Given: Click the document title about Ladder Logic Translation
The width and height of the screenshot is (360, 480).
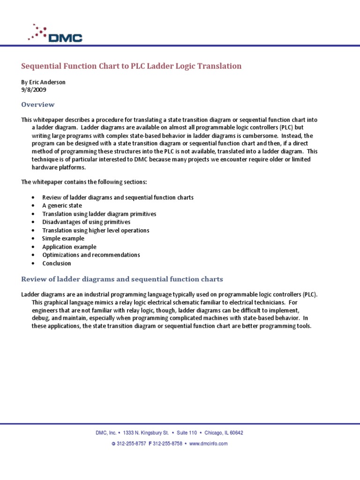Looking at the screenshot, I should tap(132, 66).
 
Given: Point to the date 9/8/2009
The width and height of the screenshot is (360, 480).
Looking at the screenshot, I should tap(34, 90).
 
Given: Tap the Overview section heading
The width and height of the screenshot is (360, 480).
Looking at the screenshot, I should tap(38, 105).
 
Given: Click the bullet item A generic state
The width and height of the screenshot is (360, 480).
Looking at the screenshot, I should tap(62, 205).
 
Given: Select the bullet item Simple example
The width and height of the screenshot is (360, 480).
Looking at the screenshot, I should tap(63, 239).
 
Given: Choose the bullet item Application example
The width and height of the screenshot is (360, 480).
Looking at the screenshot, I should tap(69, 247).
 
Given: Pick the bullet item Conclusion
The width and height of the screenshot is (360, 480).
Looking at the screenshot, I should tap(57, 263).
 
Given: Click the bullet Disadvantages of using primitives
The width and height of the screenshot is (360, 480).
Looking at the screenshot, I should tap(86, 222).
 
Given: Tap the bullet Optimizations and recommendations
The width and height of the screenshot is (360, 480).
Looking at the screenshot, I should tap(91, 255).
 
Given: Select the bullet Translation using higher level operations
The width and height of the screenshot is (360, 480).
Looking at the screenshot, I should tap(96, 230).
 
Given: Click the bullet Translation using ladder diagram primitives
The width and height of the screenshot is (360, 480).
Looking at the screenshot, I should tap(99, 214).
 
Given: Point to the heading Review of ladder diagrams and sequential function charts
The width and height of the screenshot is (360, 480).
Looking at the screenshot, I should tap(122, 279).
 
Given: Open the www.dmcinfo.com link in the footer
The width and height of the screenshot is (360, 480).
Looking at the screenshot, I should tap(208, 443).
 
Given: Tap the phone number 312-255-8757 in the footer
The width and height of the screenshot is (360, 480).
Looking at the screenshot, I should tap(130, 443).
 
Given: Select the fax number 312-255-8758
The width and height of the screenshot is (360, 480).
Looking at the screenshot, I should tap(167, 443).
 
